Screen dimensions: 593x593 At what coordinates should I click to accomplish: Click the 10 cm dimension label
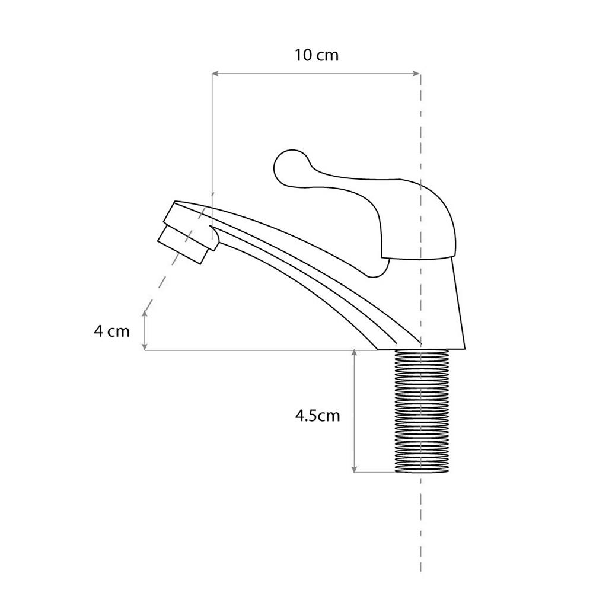point(317,55)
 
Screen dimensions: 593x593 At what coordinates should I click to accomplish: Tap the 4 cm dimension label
point(111,331)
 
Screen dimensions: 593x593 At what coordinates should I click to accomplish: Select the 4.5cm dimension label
point(317,416)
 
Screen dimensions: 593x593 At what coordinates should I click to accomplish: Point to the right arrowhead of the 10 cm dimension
point(416,74)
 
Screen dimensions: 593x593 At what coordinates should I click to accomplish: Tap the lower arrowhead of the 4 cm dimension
point(145,346)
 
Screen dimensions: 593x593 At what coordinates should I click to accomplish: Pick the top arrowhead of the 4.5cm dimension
point(355,353)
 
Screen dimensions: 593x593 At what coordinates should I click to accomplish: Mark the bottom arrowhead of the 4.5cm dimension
point(355,468)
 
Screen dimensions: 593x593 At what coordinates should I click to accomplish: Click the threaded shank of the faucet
point(422,411)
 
